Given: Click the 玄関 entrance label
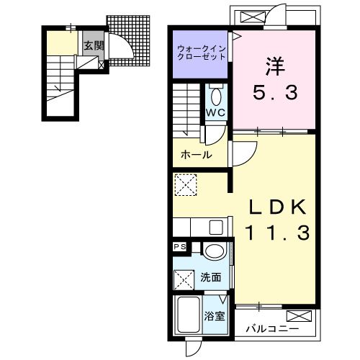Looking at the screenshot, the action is coord(94,45).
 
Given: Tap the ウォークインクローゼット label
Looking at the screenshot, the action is coord(202,53).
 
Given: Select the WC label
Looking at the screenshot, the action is coord(216,112).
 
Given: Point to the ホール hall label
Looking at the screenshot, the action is coord(197,155).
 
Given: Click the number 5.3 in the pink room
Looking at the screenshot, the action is coord(275,93).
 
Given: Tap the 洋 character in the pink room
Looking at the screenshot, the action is coord(276,66).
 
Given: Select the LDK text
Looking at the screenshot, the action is coord(278,207).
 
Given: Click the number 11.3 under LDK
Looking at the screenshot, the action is coord(277,233).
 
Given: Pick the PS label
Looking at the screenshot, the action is coord(180,247).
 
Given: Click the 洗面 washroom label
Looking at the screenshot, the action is coord(211,277).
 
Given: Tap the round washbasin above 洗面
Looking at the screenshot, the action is coord(215,251).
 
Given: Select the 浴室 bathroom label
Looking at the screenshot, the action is coord(215,316).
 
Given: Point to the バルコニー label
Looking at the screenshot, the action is coord(272,328).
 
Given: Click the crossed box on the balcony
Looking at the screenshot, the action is coord(300,316).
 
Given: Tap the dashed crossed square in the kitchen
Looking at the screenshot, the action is coord(186,184).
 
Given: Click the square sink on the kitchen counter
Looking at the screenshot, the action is coord(216,228).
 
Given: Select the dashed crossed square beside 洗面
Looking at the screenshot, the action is coord(184,280).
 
